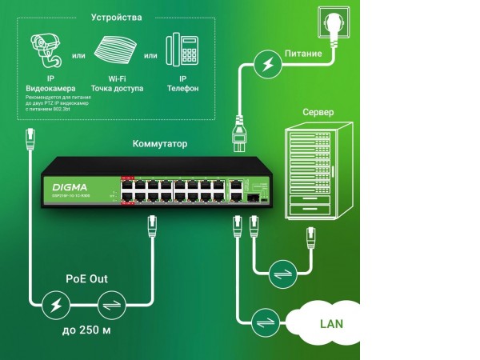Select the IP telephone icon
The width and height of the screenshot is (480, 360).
[183, 50]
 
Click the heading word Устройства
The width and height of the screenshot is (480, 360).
[117, 17]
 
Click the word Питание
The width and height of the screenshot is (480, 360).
[303, 54]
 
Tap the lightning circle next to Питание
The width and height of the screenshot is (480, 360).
[264, 66]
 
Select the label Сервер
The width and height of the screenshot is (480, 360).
[318, 113]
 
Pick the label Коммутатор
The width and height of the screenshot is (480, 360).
[160, 144]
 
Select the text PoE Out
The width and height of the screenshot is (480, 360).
[86, 279]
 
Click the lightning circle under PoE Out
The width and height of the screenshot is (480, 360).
[57, 305]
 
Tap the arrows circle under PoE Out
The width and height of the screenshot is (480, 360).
[109, 305]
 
